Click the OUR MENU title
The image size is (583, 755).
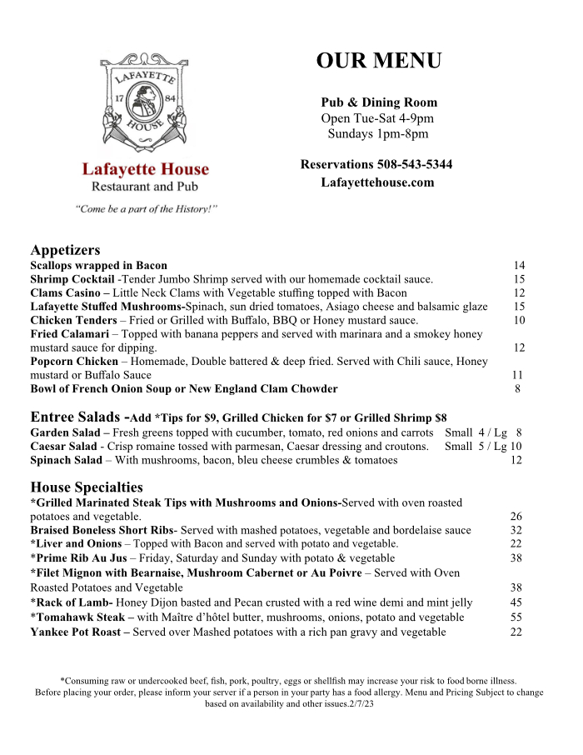(x=379, y=61)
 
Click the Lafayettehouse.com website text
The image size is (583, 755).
(x=377, y=182)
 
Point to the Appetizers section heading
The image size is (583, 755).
(x=65, y=250)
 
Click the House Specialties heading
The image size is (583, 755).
(x=87, y=487)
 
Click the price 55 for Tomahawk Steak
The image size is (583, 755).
(x=516, y=617)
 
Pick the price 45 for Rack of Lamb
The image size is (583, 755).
(x=516, y=602)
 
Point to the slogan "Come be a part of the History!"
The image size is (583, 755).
(x=146, y=208)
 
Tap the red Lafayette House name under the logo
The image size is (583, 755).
(x=146, y=170)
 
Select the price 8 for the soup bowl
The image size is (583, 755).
(x=518, y=388)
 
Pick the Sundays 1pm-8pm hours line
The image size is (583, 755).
(x=378, y=133)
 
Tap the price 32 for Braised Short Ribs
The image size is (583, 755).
(x=516, y=530)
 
